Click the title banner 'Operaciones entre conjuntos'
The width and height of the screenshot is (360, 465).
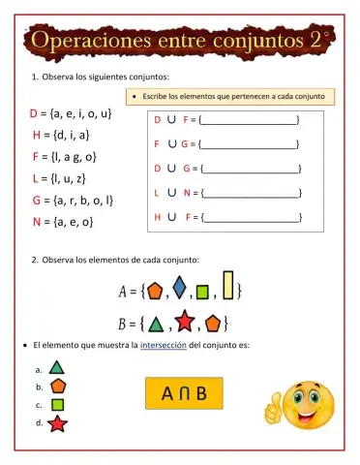pyautogui.click(x=179, y=43)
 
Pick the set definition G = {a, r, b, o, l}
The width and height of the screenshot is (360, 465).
pyautogui.click(x=73, y=201)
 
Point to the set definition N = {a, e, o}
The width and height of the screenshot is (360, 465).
pyautogui.click(x=62, y=222)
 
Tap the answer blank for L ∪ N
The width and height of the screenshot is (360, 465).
pyautogui.click(x=250, y=193)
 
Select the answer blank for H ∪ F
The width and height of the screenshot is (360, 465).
pyautogui.click(x=250, y=217)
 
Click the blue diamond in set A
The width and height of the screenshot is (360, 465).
pyautogui.click(x=179, y=288)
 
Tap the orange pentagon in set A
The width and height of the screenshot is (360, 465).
pyautogui.click(x=155, y=289)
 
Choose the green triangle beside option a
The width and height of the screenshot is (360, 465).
pyautogui.click(x=57, y=368)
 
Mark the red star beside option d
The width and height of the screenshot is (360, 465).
pyautogui.click(x=57, y=423)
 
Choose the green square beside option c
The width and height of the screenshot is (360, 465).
pyautogui.click(x=57, y=404)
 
